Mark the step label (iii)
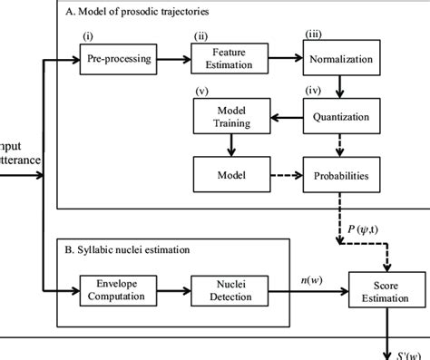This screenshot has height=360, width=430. (x=312, y=34)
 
